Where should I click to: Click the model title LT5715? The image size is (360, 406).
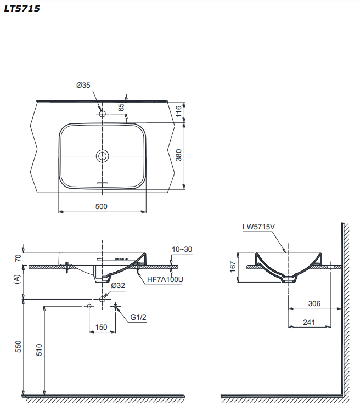(21, 9)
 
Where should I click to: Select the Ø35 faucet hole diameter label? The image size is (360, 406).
(83, 85)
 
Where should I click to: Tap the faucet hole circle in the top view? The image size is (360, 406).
(102, 114)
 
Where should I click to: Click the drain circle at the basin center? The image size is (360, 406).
(102, 156)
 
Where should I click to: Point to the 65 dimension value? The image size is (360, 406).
(121, 107)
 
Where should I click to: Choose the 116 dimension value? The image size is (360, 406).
(178, 112)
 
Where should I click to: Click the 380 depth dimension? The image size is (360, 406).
(178, 156)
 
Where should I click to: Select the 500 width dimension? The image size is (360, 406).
(102, 206)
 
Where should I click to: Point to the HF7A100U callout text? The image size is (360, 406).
(165, 279)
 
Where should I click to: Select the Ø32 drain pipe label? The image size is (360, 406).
(118, 286)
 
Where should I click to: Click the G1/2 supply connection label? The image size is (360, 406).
(139, 317)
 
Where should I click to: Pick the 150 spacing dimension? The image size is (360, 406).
(102, 327)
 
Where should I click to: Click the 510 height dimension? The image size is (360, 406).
(38, 349)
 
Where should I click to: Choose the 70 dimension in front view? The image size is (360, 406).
(18, 257)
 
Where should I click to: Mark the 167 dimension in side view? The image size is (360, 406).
(233, 266)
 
